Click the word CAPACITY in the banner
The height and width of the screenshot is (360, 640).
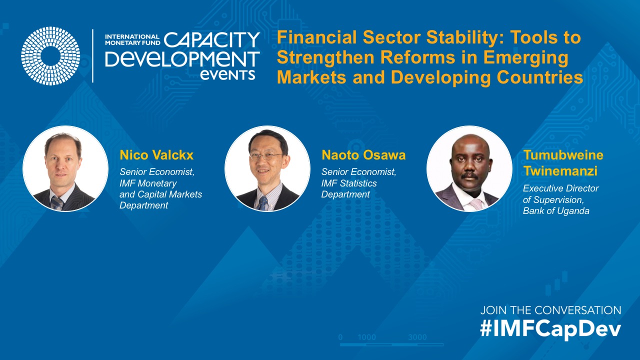click(211, 39)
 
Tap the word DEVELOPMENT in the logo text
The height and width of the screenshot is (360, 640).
click(182, 59)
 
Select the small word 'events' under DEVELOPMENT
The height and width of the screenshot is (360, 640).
click(227, 75)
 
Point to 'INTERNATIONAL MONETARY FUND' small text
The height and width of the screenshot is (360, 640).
click(132, 39)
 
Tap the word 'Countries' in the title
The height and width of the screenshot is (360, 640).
click(540, 77)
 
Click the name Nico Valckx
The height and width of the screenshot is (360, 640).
click(156, 155)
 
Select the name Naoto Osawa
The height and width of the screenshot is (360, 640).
click(363, 155)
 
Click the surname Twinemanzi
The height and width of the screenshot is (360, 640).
click(560, 171)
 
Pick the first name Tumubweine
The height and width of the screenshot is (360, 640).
click(563, 155)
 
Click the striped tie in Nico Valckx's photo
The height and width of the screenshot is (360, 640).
click(56, 203)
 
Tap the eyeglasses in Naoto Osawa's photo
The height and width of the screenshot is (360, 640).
click(265, 156)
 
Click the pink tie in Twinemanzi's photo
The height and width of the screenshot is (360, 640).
click(476, 204)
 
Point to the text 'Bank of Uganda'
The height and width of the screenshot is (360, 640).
click(556, 211)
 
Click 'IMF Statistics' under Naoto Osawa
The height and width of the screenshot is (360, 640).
click(349, 183)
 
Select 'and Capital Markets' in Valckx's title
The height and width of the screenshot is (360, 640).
click(160, 194)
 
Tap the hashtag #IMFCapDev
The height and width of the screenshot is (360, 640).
click(550, 329)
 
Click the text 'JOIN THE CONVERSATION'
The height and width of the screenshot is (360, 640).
click(550, 310)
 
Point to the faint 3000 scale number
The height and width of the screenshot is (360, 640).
click(417, 337)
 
